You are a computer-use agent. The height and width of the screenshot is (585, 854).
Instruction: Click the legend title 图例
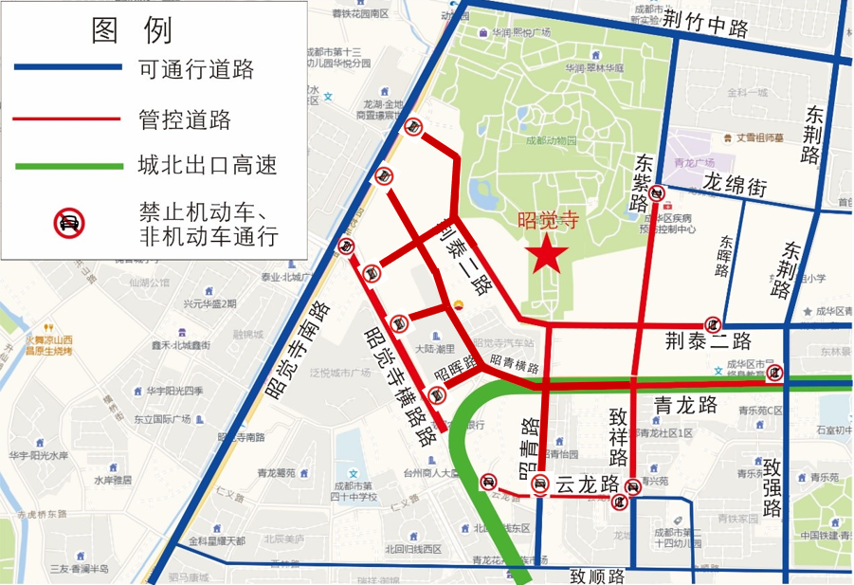[x=132, y=30]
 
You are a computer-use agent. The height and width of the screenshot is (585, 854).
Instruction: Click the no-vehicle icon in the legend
[x=68, y=223]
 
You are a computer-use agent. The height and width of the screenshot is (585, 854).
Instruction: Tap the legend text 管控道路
[x=184, y=119]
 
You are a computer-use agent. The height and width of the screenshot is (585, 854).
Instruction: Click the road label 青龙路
[x=688, y=406]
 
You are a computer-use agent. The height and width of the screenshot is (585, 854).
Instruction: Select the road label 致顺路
[x=597, y=575]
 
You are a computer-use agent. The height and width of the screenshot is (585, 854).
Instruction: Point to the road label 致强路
[x=772, y=488]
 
